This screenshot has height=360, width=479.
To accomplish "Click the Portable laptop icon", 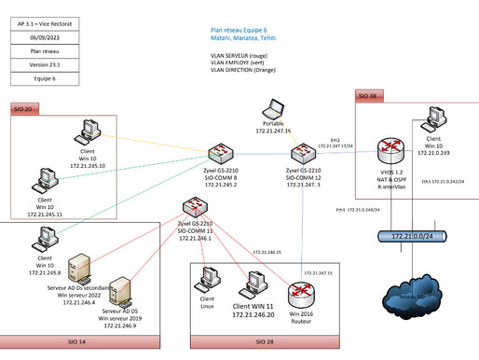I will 274,110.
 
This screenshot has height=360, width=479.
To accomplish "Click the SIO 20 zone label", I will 24,110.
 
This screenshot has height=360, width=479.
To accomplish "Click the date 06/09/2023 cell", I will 43,35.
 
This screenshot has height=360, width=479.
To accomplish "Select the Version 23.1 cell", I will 43,65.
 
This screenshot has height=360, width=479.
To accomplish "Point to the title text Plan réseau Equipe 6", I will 246,29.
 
